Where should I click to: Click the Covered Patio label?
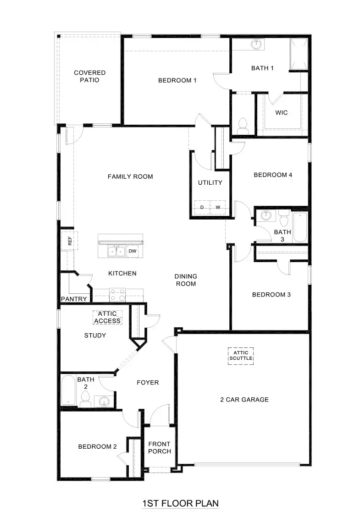(89, 76)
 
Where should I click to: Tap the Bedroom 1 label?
(177, 81)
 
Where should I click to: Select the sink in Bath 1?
(256, 44)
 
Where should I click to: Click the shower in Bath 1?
(299, 54)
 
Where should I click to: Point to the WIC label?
(281, 112)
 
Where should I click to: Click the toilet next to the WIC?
(243, 125)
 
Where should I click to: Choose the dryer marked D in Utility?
(202, 208)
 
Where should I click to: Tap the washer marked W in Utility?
(218, 208)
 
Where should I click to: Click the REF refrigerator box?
(70, 241)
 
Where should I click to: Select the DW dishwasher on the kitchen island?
(133, 251)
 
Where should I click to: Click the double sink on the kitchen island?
(116, 251)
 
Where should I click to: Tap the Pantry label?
(74, 299)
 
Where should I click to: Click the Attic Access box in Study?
(107, 317)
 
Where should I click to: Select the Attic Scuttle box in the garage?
(241, 355)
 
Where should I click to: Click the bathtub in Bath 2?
(68, 390)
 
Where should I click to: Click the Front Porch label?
(159, 447)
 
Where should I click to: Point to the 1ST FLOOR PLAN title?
(180, 503)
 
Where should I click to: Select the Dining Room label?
(186, 280)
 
